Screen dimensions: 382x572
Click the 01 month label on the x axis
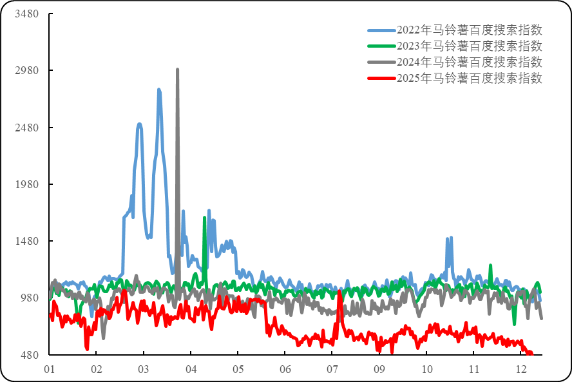pyautogui.click(x=49, y=370)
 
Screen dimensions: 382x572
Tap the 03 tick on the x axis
pyautogui.click(x=144, y=370)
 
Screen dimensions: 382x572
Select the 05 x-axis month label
pyautogui.click(x=238, y=370)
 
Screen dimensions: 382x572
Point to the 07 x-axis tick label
pyautogui.click(x=332, y=370)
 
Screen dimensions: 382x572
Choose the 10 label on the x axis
pyautogui.click(x=426, y=370)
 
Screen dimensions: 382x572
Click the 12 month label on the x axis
pyautogui.click(x=521, y=370)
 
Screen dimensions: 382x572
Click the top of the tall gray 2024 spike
pyautogui.click(x=178, y=69)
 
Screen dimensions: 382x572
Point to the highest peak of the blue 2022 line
pyautogui.click(x=158, y=89)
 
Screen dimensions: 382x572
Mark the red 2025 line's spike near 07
pyautogui.click(x=339, y=292)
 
